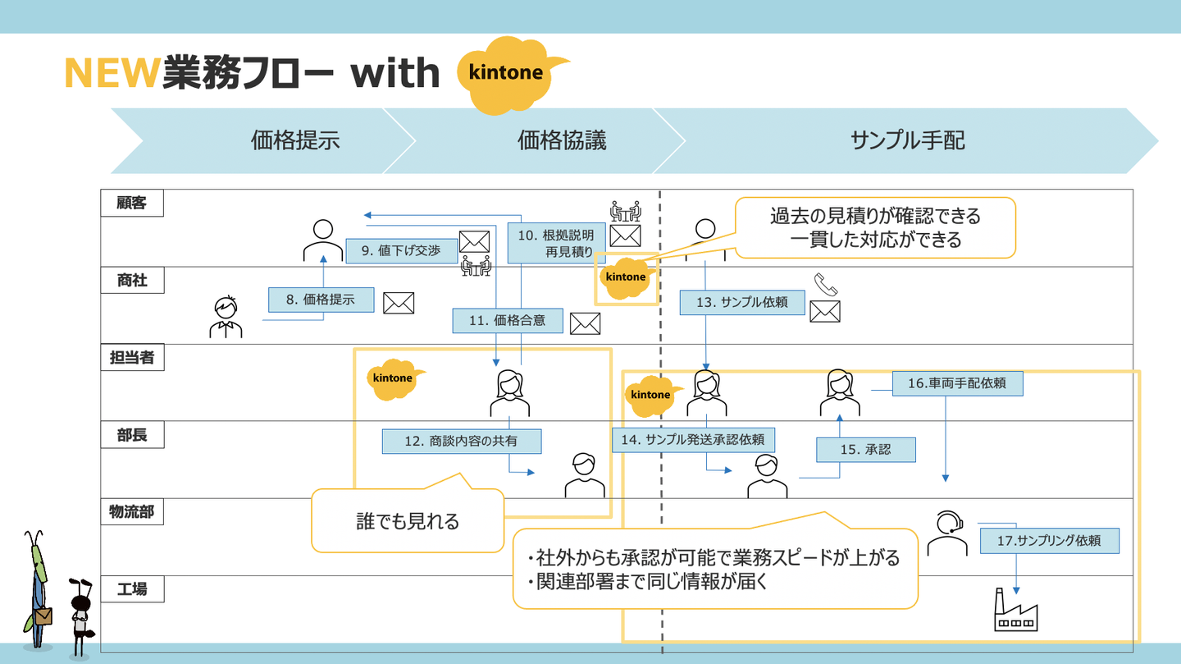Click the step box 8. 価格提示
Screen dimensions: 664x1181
point(321,300)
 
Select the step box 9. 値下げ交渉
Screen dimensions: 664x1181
point(400,251)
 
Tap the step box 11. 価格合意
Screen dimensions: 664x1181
point(507,321)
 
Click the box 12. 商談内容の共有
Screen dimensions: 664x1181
point(461,441)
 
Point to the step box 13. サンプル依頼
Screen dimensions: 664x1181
point(741,302)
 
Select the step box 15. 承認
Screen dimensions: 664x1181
point(865,450)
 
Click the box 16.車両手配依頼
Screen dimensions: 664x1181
point(957,382)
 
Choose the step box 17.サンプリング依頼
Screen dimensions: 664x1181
point(1049,541)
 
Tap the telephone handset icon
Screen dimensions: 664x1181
point(826,285)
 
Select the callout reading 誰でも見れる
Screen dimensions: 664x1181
point(408,520)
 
